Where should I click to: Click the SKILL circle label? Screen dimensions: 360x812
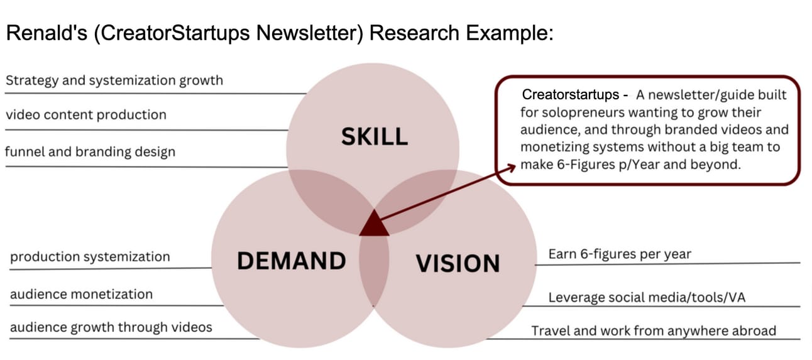374,136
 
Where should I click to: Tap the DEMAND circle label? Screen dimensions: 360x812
291,259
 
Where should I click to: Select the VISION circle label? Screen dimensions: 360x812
458,263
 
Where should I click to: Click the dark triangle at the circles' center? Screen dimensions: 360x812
374,225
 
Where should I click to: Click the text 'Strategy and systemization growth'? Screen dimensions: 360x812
114,80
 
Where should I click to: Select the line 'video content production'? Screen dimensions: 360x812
85,115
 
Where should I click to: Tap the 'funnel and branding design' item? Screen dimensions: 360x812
90,151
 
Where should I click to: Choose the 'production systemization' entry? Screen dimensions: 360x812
90,257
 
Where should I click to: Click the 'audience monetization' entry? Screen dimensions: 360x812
81,294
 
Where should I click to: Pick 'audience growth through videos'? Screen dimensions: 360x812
111,327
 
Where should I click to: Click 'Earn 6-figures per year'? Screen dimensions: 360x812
620,254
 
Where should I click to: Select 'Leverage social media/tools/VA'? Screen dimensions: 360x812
647,297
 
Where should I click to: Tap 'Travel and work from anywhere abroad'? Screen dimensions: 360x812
654,330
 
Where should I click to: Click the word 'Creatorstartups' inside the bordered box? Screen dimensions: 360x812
571,95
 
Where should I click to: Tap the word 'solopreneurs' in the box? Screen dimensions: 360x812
574,113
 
